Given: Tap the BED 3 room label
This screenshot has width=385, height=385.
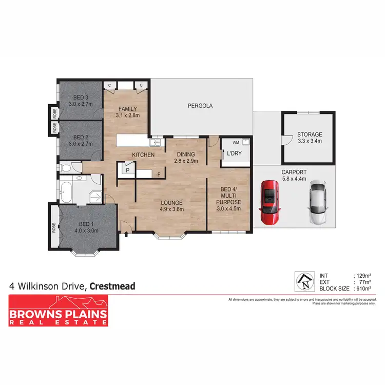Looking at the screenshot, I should pos(79,98).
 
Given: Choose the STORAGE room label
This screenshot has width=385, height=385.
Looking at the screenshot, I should pos(310,134).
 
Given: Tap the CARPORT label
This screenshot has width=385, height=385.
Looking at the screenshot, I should pos(294,172).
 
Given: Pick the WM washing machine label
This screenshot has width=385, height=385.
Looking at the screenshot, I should pos(236,142).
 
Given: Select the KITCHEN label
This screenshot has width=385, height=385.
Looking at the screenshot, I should pos(144,155).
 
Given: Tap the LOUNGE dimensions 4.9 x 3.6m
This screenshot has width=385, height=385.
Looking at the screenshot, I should pos(172,209).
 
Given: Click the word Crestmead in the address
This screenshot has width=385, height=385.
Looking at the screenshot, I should pos(112,286).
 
